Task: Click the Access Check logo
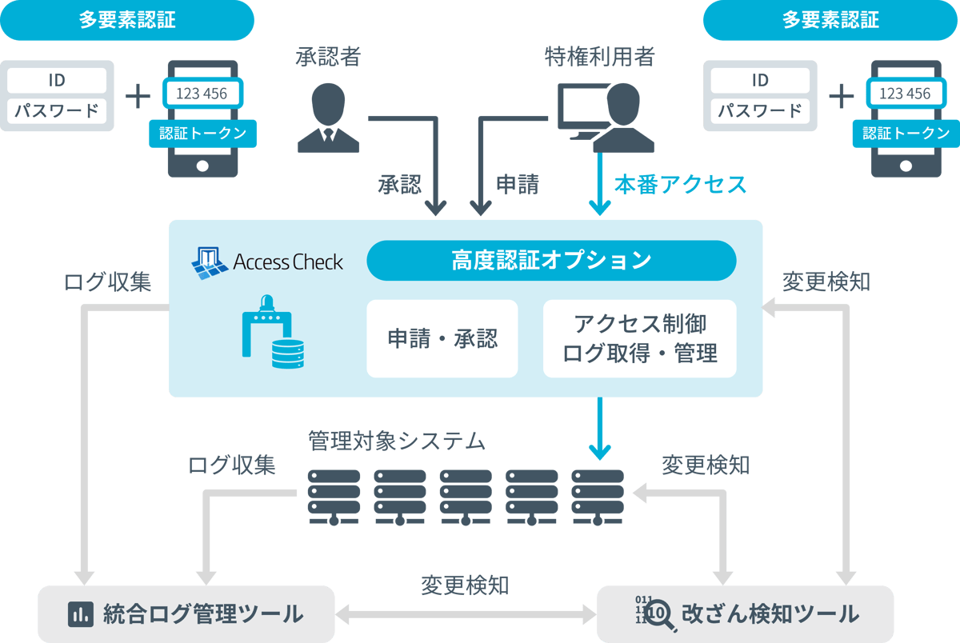[x=267, y=261]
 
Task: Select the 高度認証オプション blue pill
[x=550, y=261]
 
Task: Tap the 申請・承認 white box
[x=442, y=338]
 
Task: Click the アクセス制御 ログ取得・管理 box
[x=639, y=338]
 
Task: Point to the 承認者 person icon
[x=328, y=116]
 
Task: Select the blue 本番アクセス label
[x=680, y=185]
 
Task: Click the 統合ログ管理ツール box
[x=186, y=614]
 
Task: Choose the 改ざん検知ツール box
[x=744, y=614]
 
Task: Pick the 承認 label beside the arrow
[x=399, y=185]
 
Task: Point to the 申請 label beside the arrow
[x=518, y=185]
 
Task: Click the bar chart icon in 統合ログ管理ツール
[x=79, y=614]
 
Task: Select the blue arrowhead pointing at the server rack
[x=598, y=450]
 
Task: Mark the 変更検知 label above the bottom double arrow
[x=465, y=585]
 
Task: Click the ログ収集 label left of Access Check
[x=106, y=282]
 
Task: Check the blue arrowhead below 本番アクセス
[x=598, y=206]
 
